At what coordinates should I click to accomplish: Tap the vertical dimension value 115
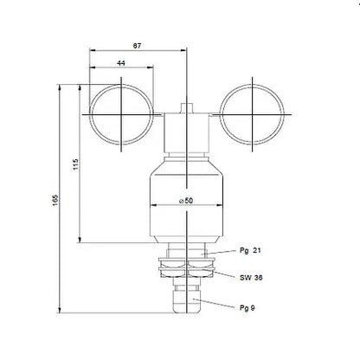74,164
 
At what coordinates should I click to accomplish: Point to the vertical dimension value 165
53,199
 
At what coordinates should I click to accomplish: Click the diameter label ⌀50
186,201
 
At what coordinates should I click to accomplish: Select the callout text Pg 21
251,249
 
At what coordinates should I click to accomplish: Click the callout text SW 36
252,278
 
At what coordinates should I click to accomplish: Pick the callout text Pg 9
247,307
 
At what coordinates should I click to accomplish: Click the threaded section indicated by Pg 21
186,253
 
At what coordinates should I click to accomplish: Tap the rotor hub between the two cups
186,130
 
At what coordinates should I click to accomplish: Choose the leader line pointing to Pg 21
221,250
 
